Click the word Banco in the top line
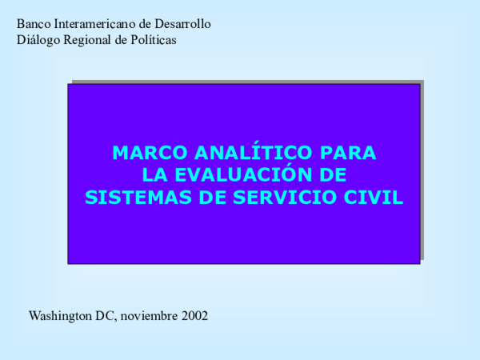pyautogui.click(x=32, y=24)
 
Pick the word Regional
pyautogui.click(x=87, y=40)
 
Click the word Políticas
pyautogui.click(x=154, y=40)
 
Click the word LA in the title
pyautogui.click(x=152, y=175)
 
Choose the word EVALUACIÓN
pyautogui.click(x=239, y=175)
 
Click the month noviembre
pyautogui.click(x=149, y=316)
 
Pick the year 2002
pyautogui.click(x=194, y=316)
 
